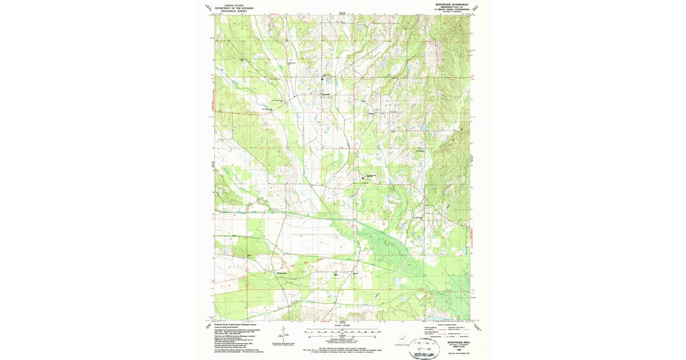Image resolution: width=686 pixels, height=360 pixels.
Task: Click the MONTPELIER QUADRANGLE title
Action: click(452, 4)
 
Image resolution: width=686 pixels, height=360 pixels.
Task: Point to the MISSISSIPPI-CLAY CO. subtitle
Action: click(452, 7)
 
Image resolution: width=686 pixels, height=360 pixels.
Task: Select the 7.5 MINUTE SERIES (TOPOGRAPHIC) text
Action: click(452, 10)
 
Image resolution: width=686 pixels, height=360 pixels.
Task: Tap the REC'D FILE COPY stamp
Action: click(424, 355)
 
